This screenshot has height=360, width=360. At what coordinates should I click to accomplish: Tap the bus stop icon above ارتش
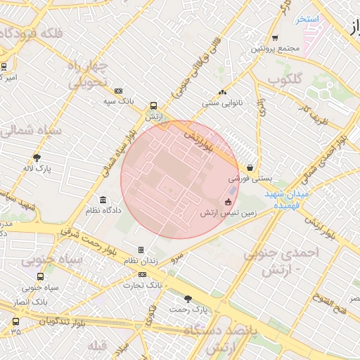coord(153,105)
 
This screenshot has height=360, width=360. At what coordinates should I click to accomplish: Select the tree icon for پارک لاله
coord(37,157)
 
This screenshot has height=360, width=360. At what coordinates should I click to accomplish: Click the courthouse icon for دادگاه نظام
coord(103,200)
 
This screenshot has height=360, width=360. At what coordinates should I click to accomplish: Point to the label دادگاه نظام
coord(103,210)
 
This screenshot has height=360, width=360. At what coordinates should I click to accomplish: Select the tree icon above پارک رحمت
coord(188,298)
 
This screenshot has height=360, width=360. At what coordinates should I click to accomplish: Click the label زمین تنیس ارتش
coord(228,212)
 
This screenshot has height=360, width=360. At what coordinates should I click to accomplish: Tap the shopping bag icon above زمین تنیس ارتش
coord(228,202)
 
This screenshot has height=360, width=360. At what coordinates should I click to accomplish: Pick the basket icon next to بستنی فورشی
coord(251,167)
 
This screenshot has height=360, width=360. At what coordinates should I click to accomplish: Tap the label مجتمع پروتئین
coord(276,49)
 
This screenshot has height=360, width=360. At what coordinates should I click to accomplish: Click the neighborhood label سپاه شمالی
coord(29,130)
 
